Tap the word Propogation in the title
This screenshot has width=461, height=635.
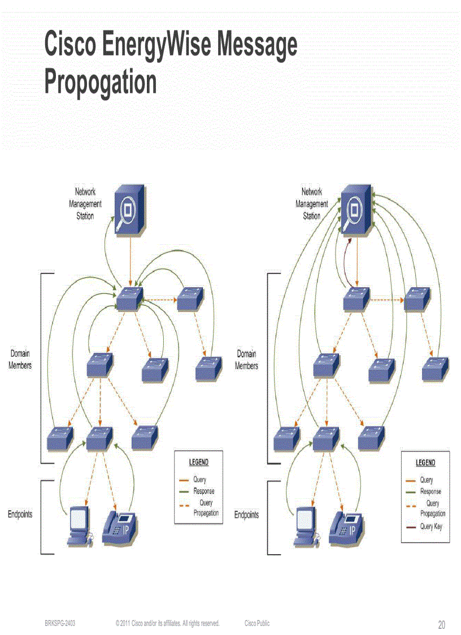pos(100,82)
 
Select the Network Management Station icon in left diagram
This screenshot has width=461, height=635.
pos(128,210)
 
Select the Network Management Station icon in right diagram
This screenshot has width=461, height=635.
pos(355,210)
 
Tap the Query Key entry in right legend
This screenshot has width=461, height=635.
pos(431,526)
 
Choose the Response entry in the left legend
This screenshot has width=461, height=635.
pos(203,491)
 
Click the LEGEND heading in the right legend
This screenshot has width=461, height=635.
pos(425,463)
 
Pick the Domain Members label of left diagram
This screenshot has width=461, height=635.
pos(20,360)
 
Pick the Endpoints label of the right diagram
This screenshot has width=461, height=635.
pos(246,515)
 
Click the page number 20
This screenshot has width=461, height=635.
pos(441,625)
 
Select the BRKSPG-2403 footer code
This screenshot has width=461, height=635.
pos(60,623)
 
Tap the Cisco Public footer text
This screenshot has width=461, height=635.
pos(257,623)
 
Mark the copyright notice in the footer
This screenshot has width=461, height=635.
pos(167,623)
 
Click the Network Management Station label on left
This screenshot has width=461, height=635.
pos(85,204)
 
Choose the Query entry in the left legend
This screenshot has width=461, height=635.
pos(199,480)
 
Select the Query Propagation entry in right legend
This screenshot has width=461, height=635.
pos(432,508)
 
